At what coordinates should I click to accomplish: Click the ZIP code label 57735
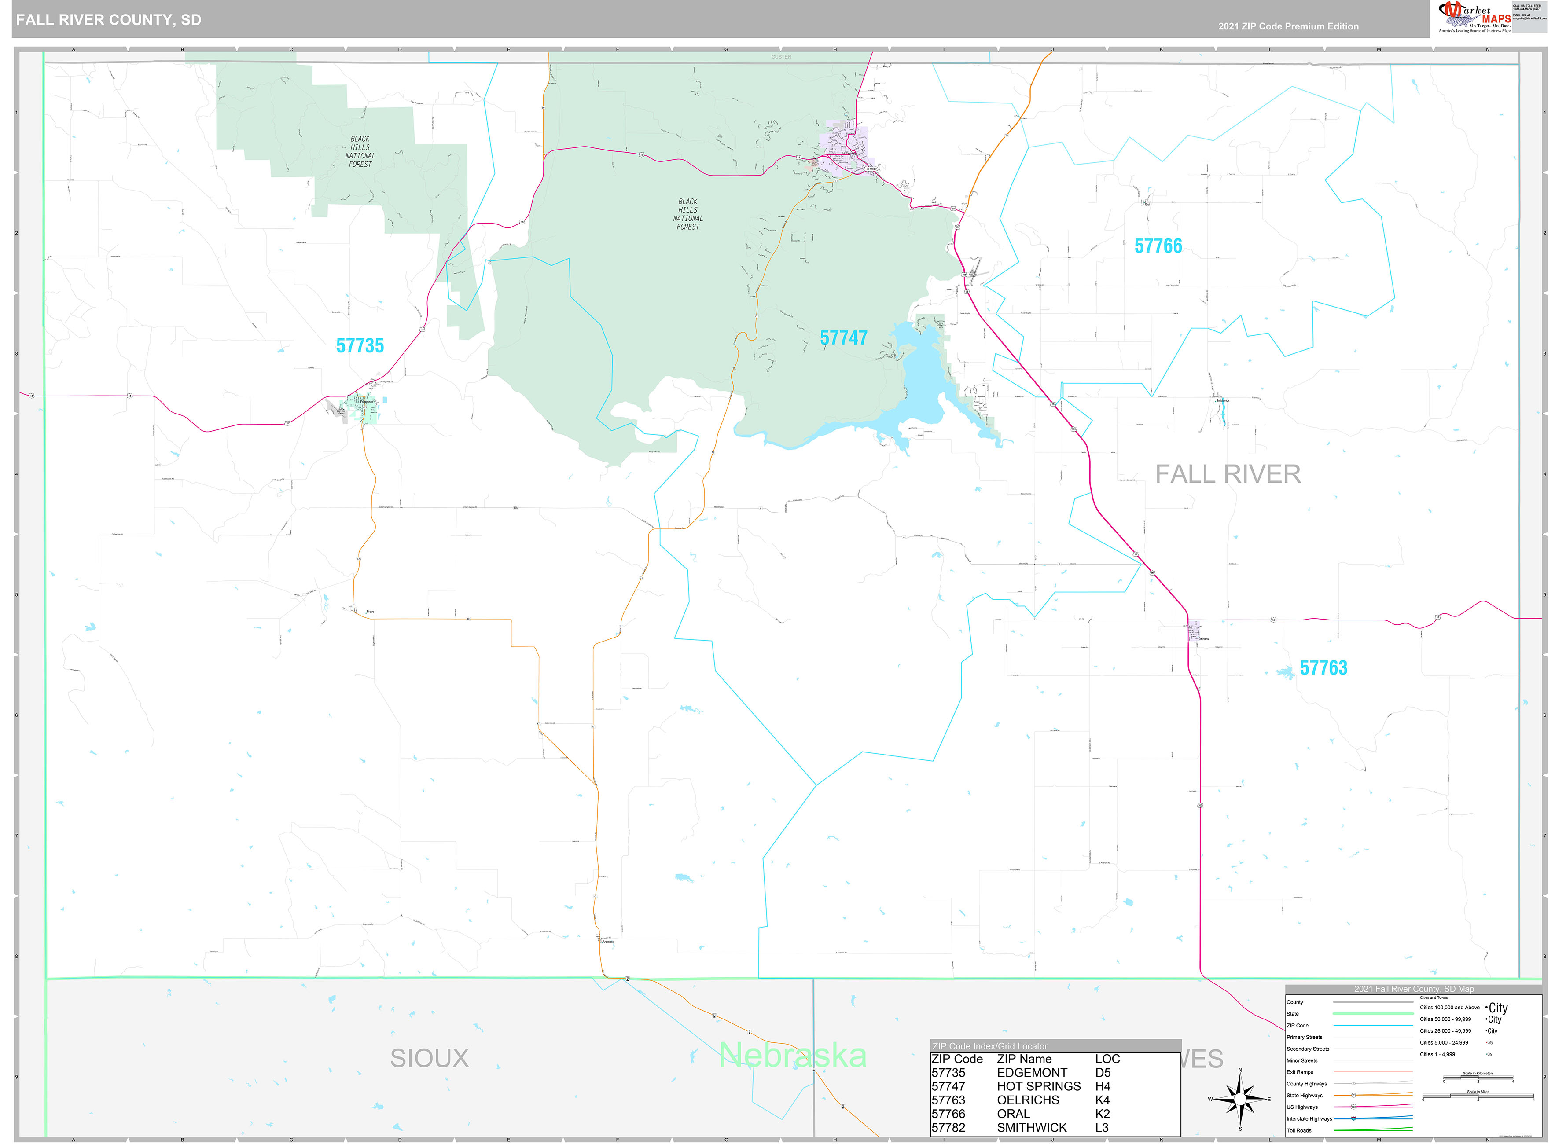[360, 345]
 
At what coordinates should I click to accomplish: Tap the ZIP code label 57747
[843, 338]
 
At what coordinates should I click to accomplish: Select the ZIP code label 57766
[1158, 246]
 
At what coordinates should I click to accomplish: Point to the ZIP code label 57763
[1323, 667]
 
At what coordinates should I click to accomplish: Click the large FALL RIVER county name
[1228, 474]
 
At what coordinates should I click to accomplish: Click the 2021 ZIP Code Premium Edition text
[1288, 26]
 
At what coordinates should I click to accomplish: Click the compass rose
[1240, 1099]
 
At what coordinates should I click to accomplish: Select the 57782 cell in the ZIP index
[948, 1127]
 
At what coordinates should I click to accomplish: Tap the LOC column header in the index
[1107, 1059]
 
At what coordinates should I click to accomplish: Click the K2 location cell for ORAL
[1102, 1114]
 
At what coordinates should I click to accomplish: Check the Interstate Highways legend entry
[1309, 1118]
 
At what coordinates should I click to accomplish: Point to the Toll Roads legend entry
[1299, 1130]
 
